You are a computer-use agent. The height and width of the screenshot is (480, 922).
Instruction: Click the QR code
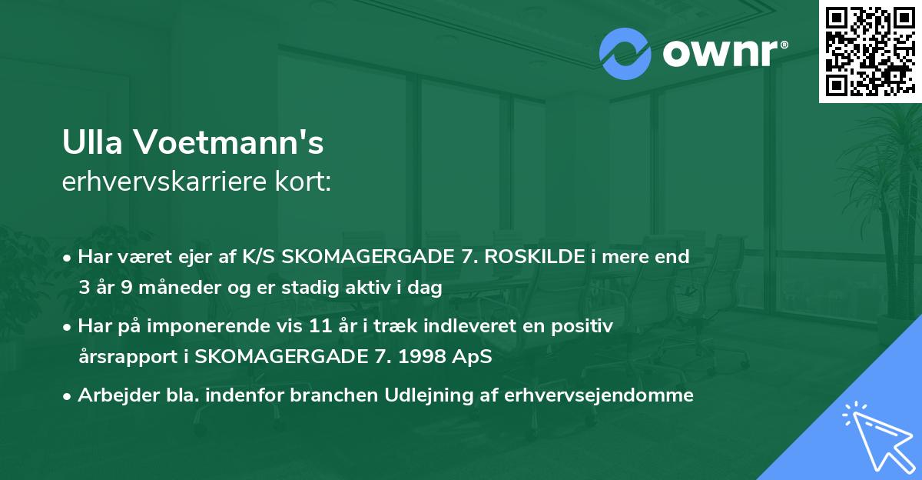point(870,51)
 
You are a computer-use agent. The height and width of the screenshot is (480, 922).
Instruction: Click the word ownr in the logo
point(718,54)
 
